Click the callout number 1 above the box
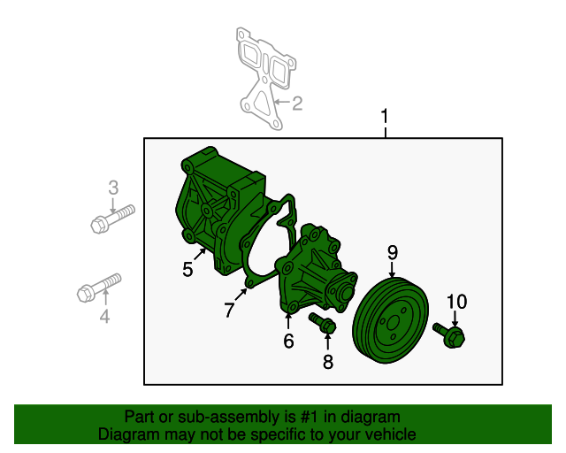click(385, 117)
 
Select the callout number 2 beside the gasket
click(297, 104)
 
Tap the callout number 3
click(112, 187)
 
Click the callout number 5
click(187, 270)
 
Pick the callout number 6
click(288, 341)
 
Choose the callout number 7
click(229, 310)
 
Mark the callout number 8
click(328, 361)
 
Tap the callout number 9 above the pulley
click(393, 254)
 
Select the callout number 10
click(455, 302)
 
